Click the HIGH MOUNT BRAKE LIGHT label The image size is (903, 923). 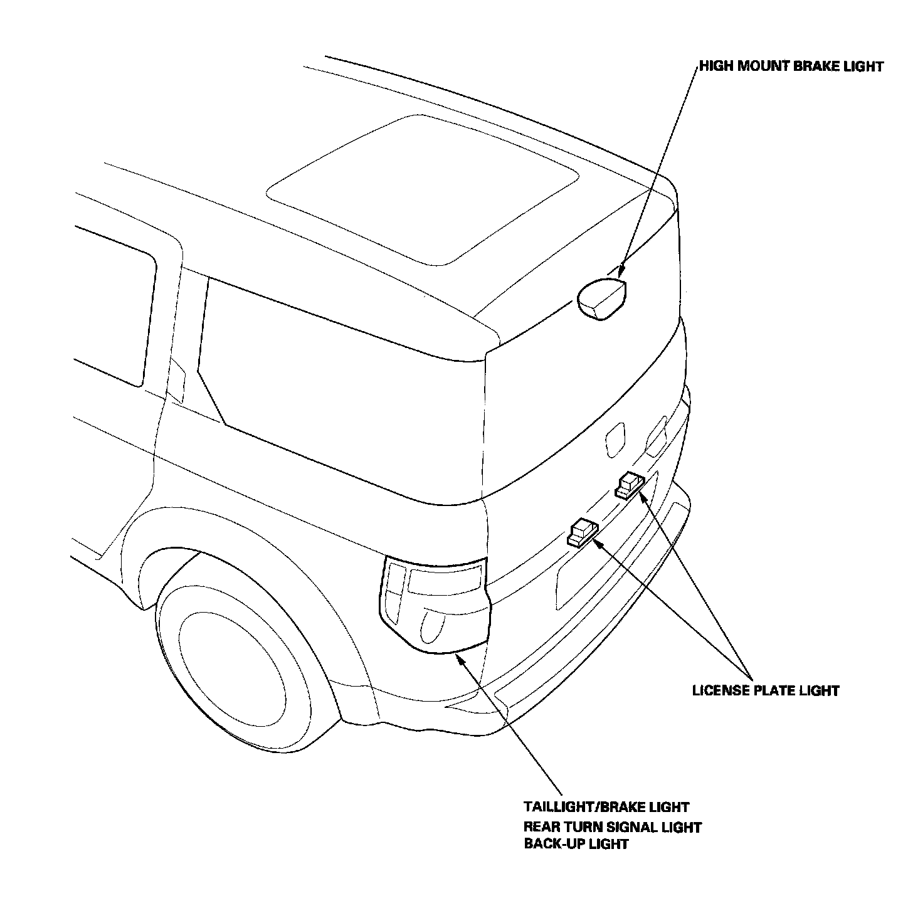pyautogui.click(x=791, y=66)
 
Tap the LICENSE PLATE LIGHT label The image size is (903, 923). pyautogui.click(x=766, y=690)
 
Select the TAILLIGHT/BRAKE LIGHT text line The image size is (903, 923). pyautogui.click(x=606, y=806)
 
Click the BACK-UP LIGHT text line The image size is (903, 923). pyautogui.click(x=576, y=844)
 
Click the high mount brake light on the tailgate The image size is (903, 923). pyautogui.click(x=601, y=299)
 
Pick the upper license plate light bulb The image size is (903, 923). pyautogui.click(x=630, y=485)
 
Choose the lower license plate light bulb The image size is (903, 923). pyautogui.click(x=583, y=533)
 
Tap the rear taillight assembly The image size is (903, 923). pyautogui.click(x=434, y=604)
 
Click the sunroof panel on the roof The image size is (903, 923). pyautogui.click(x=422, y=190)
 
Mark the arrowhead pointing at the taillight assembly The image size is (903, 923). pyautogui.click(x=458, y=658)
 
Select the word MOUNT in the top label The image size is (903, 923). pyautogui.click(x=762, y=66)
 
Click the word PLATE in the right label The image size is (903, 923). pyautogui.click(x=774, y=690)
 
